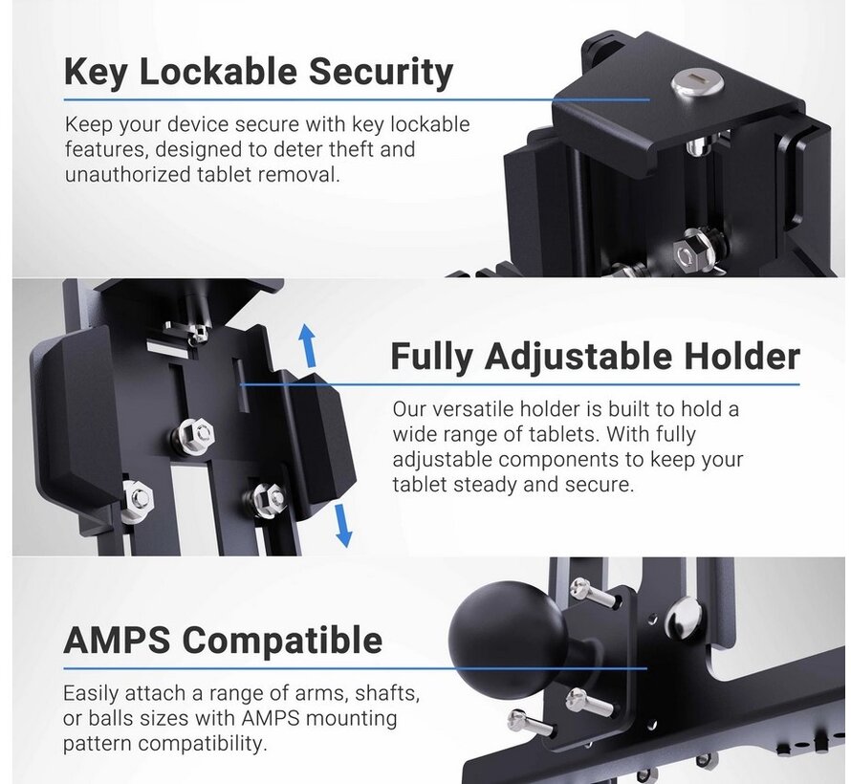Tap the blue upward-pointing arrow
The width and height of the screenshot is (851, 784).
click(308, 345)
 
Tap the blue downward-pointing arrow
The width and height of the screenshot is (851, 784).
click(343, 525)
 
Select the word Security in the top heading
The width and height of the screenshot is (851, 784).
click(381, 73)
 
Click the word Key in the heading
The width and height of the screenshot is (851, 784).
click(96, 72)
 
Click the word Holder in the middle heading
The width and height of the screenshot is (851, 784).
click(742, 357)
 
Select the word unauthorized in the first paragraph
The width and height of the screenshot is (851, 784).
click(127, 175)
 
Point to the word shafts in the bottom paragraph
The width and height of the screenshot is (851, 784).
click(387, 693)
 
